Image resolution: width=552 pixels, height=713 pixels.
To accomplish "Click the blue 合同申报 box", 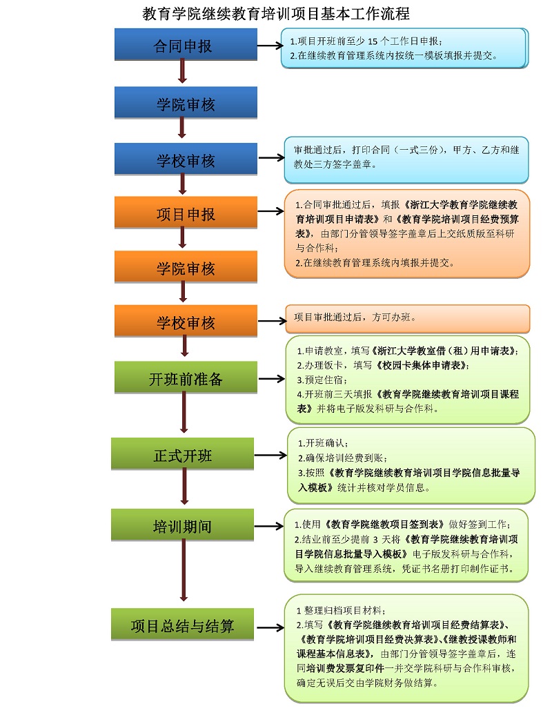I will click(x=185, y=46).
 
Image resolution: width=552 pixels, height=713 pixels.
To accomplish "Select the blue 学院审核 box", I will click(x=185, y=104).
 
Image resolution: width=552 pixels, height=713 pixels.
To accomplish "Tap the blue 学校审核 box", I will click(x=185, y=159).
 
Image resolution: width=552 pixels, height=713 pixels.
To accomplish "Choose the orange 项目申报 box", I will click(x=185, y=213).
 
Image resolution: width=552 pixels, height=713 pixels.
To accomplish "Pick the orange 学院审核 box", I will click(x=185, y=267).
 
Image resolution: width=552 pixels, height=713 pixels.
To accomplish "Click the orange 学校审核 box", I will click(x=185, y=321).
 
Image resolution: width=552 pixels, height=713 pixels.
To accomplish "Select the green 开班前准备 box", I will click(x=185, y=378).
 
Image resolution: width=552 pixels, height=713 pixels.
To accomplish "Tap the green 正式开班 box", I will click(x=183, y=455).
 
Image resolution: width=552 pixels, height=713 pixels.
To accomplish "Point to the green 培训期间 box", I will click(x=183, y=526).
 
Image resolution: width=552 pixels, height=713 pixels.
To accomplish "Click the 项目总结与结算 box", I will click(x=183, y=625).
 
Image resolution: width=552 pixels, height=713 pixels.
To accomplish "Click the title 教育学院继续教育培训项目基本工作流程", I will click(x=276, y=13).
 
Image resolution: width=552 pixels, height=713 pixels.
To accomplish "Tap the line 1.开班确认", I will click(x=323, y=442).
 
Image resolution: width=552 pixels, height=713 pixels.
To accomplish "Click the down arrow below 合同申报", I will click(x=183, y=72).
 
